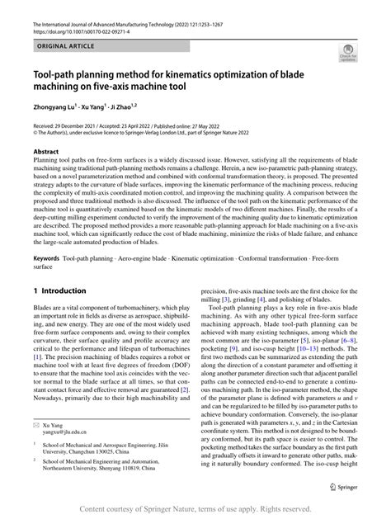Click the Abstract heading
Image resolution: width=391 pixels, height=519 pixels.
pyautogui.click(x=45, y=153)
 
